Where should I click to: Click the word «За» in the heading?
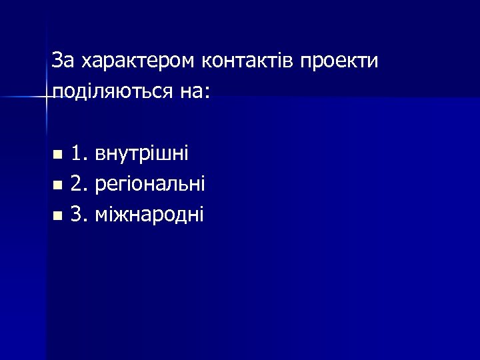[64, 61]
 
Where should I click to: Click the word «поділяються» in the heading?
[111, 91]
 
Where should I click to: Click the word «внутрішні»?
[141, 154]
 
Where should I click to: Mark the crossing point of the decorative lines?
[47, 97]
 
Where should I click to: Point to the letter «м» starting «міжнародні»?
[101, 215]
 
